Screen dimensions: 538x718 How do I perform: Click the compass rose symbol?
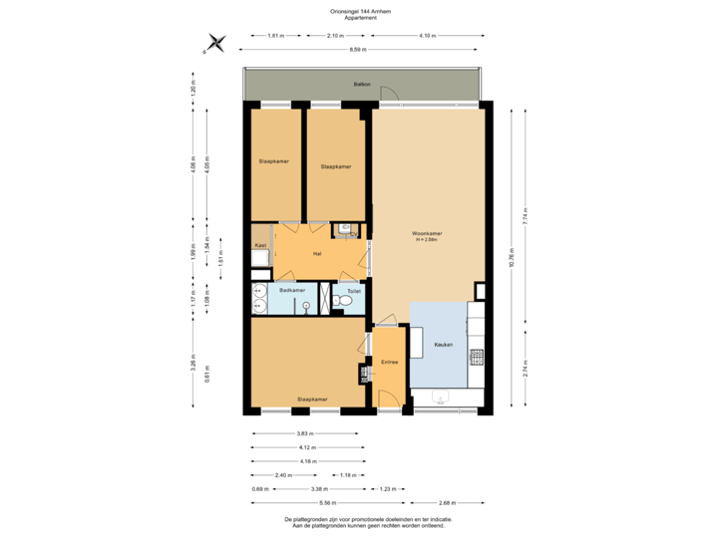215,42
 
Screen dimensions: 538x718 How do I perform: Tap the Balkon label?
361,85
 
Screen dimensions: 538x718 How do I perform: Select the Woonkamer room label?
428,235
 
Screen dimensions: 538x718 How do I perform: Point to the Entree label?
390,362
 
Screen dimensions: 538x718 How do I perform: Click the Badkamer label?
291,290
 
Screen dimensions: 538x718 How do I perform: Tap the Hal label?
317,253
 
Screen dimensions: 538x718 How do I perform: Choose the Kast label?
259,244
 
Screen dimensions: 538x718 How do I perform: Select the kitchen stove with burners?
477,355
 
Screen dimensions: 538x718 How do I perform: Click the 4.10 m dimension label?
427,36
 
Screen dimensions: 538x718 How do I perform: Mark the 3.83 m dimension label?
305,433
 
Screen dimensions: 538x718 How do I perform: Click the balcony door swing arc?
393,95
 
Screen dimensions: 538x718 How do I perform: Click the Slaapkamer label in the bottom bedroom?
311,399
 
